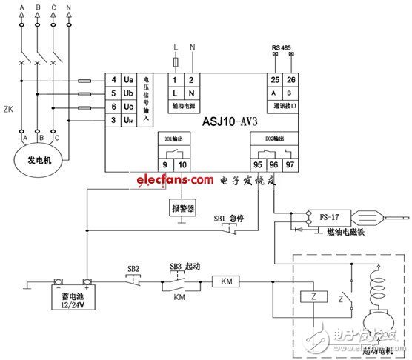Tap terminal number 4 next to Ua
tap(113, 80)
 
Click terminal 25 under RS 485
tap(275, 79)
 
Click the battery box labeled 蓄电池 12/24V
tap(70, 297)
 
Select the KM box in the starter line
tap(227, 281)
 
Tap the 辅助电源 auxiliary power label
tap(183, 106)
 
